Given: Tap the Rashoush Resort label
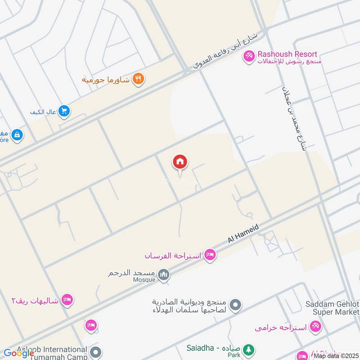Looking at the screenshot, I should coord(287,54).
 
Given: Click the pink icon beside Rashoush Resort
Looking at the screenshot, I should coord(248,57).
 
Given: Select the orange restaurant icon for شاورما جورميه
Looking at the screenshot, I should coord(139,79).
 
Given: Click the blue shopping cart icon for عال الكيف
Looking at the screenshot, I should coord(64,111).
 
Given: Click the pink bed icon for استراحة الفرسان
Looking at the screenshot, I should coord(210,256).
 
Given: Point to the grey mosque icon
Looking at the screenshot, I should coord(164,274).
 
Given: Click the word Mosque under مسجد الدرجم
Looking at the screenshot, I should coord(144,279).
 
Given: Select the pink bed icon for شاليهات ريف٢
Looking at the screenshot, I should coord(67,300).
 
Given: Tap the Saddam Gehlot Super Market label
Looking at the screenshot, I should coord(332,308).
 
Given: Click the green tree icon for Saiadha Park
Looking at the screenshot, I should coord(248,349).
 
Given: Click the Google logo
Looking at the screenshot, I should coord(19,353).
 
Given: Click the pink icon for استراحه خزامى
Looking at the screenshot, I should coord(315,327).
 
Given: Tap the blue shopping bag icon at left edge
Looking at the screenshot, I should coord(17,135).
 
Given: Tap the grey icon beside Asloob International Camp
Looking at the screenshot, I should coord(94,351).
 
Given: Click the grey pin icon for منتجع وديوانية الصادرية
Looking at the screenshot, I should coord(234,306).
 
